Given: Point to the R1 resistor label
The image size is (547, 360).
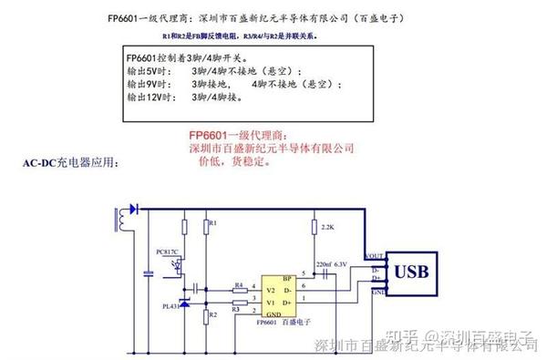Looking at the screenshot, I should (x=212, y=222).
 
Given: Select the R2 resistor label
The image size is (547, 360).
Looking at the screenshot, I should (x=212, y=314).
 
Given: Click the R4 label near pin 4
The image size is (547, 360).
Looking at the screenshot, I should (x=239, y=284).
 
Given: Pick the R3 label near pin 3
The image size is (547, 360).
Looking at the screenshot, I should (x=234, y=309).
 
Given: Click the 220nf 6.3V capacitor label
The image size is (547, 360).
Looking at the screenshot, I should (x=331, y=264).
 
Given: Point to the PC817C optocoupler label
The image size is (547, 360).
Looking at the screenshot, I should (x=168, y=250).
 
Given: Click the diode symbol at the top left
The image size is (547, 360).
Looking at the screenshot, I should (x=133, y=209).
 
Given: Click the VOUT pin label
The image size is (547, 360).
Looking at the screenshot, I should (x=374, y=256).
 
